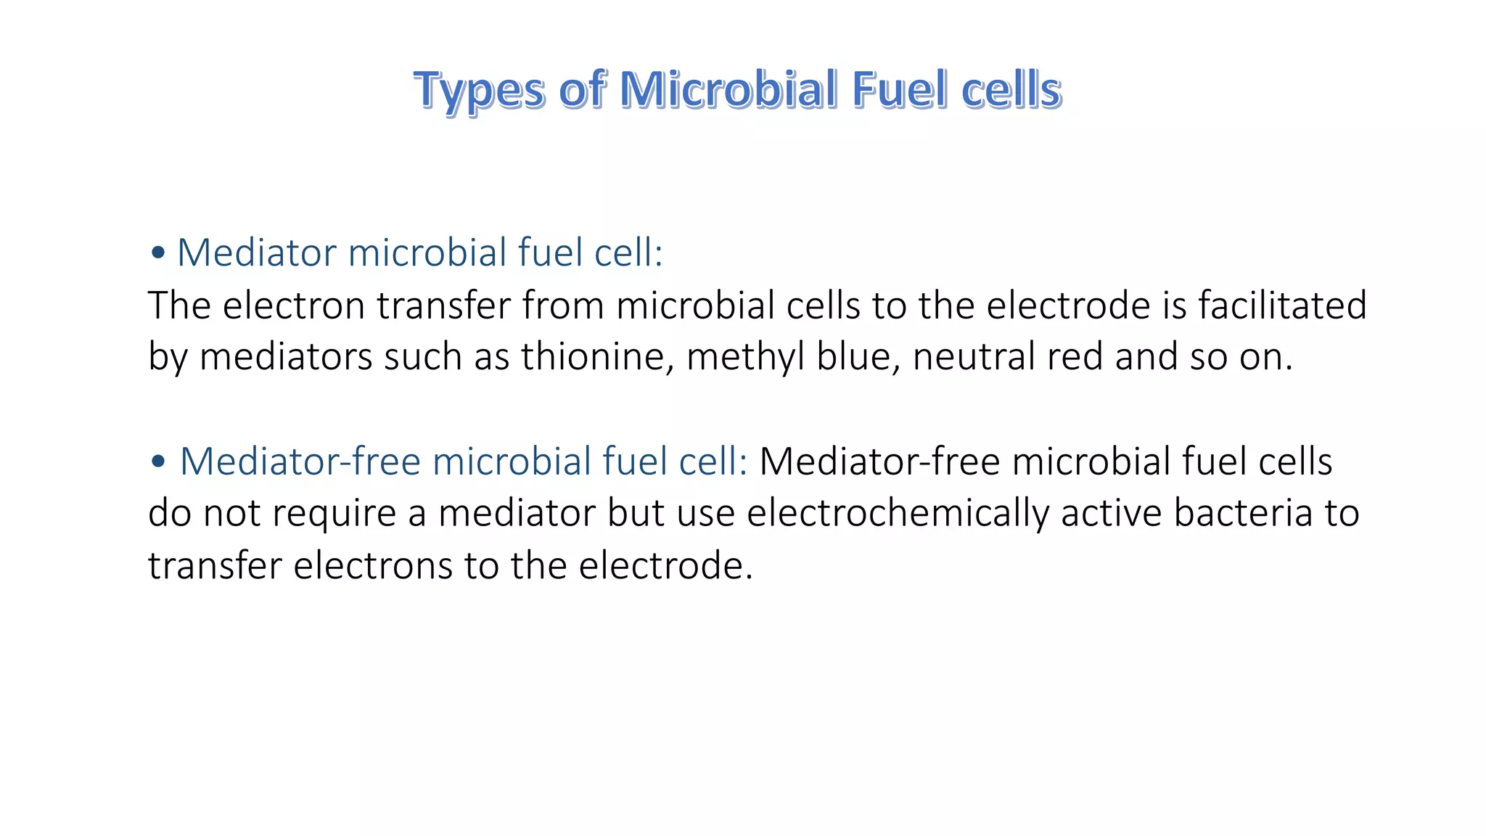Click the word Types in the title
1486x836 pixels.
479,91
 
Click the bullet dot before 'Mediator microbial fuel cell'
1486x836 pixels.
157,253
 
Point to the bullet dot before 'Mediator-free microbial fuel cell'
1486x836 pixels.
158,462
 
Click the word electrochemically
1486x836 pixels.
898,513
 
